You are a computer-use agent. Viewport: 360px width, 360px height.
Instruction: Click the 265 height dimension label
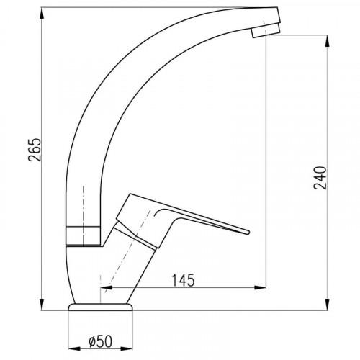(35, 150)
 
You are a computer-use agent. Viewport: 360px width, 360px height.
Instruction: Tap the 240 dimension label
(320, 178)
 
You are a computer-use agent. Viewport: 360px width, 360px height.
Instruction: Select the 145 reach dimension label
(183, 280)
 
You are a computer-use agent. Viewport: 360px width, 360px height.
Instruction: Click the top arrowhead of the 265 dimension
(42, 14)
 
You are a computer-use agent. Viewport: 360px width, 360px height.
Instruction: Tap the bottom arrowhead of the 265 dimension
(42, 305)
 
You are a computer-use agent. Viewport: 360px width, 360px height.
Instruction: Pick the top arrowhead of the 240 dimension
(327, 41)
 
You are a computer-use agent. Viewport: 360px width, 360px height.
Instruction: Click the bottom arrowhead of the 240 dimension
(327, 305)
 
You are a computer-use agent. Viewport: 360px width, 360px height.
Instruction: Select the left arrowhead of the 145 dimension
(107, 287)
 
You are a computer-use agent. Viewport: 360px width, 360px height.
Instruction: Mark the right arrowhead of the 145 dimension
(260, 287)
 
